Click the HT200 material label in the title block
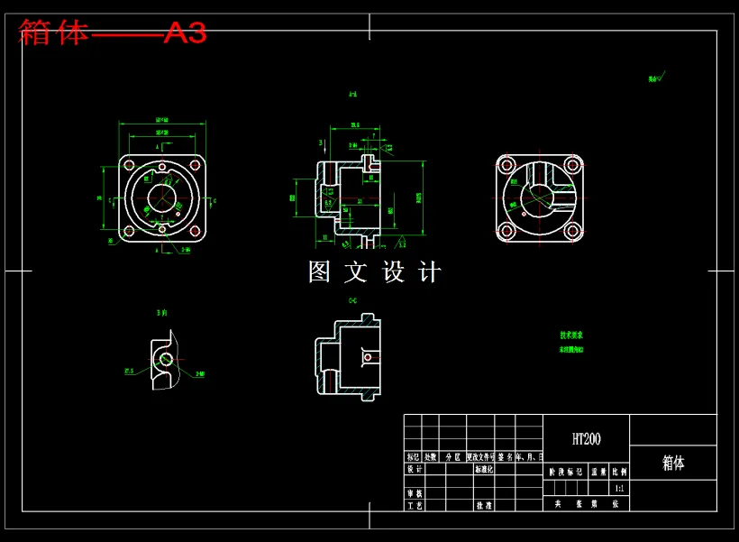(586, 439)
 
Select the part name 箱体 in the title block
(673, 463)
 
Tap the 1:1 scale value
(618, 488)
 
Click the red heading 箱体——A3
(113, 33)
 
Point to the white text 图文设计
(375, 271)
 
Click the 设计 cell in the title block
(414, 469)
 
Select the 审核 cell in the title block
(414, 493)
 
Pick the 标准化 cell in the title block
(484, 469)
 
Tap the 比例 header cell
(619, 471)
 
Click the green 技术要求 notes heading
(570, 335)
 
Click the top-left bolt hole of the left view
(129, 166)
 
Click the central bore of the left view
(162, 198)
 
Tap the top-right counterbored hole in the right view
(571, 165)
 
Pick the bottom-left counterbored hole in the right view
(506, 231)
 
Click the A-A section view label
(352, 94)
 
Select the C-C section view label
(352, 299)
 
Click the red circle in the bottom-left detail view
(166, 359)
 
